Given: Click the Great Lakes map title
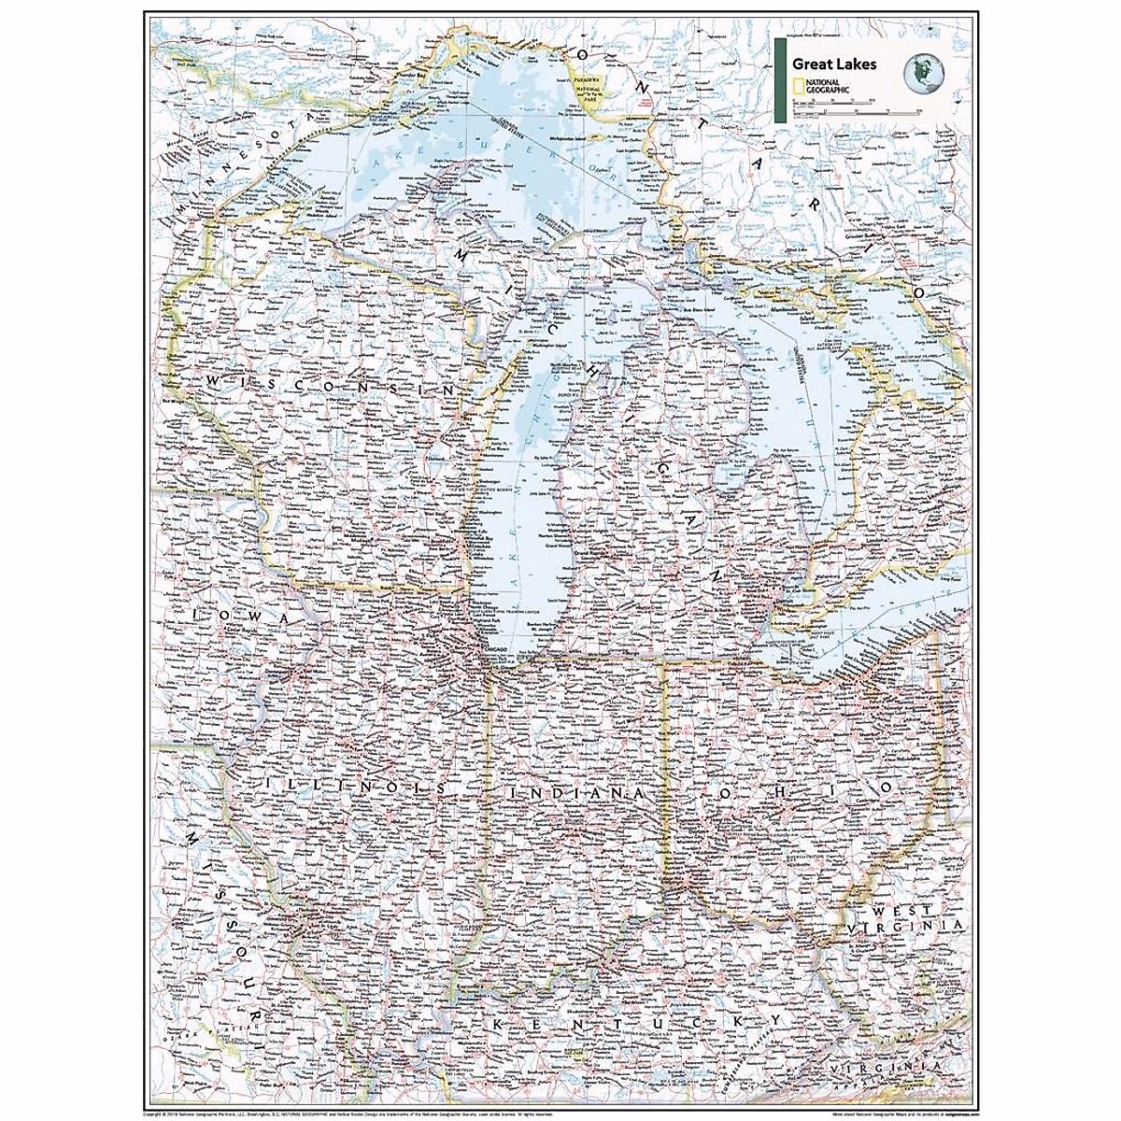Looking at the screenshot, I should (x=836, y=64).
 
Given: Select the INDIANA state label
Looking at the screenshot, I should (x=577, y=792).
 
